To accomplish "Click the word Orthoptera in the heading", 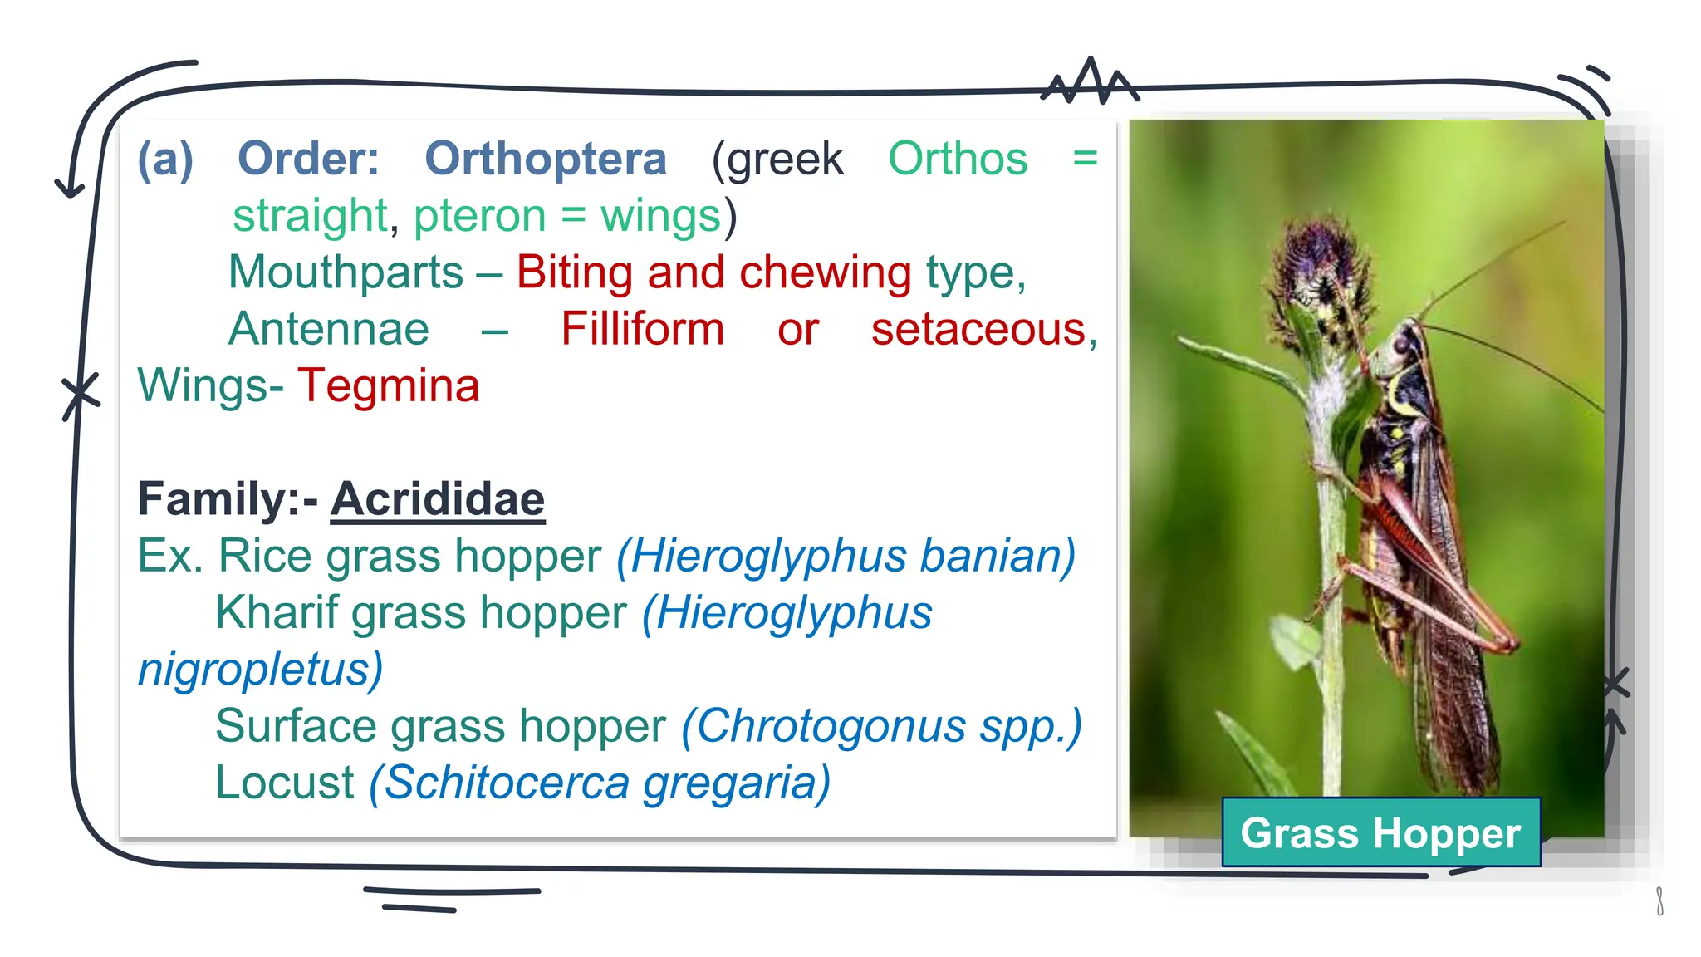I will click(x=545, y=159).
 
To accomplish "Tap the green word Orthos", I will click(x=957, y=159).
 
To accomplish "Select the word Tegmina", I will click(x=389, y=386).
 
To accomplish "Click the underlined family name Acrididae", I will click(x=438, y=499).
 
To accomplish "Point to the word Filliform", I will click(x=642, y=329).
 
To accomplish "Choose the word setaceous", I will click(x=978, y=329).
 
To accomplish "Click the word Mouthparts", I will click(x=346, y=272).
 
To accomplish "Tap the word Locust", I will click(x=285, y=783).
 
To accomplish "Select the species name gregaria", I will click(x=736, y=783).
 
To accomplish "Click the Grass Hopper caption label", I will click(x=1380, y=832).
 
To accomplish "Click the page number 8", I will click(x=1659, y=901).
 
